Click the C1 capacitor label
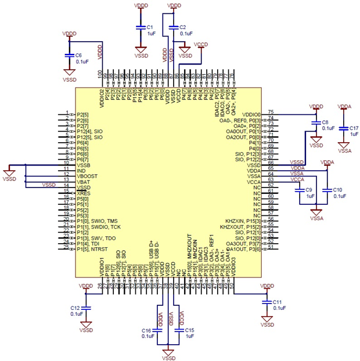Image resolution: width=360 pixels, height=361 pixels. pyautogui.click(x=150, y=27)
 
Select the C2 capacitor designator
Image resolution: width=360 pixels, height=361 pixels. pyautogui.click(x=183, y=27)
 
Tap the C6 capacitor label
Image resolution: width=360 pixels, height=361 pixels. pyautogui.click(x=78, y=55)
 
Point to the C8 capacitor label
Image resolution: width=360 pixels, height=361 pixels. pyautogui.click(x=325, y=122)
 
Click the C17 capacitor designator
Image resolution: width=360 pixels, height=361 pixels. pyautogui.click(x=354, y=127)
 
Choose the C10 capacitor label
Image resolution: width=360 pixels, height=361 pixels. pyautogui.click(x=337, y=190)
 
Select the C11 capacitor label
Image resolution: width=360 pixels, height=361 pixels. pyautogui.click(x=277, y=302)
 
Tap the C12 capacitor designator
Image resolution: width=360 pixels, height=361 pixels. pyautogui.click(x=75, y=308)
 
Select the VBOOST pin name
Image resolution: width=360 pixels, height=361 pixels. pyautogui.click(x=87, y=176)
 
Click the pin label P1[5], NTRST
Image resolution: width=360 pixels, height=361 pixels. pyautogui.click(x=93, y=249)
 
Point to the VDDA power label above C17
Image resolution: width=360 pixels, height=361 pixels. pyautogui.click(x=344, y=106)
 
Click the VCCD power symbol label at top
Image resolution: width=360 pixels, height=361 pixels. pyautogui.click(x=201, y=44)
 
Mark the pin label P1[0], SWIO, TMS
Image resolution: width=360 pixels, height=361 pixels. pyautogui.click(x=97, y=221)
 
